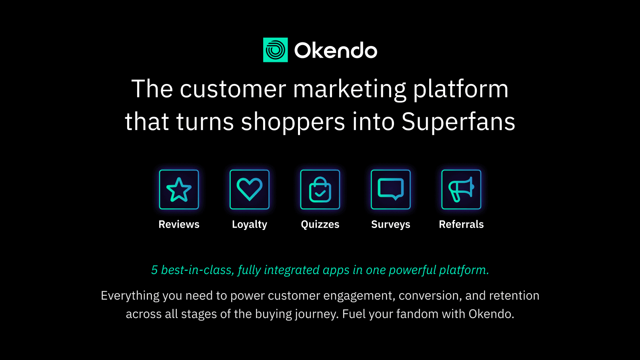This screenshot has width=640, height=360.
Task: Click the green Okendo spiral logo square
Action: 275,50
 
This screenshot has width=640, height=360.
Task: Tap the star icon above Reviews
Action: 179,190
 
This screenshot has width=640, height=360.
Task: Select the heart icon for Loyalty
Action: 250,190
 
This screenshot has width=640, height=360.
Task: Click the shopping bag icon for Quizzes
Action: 320,190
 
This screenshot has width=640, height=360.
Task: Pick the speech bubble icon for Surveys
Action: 391,190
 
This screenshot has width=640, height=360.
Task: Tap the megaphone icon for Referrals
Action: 461,190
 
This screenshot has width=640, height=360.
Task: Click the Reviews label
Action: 179,224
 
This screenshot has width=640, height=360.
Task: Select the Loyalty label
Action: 250,225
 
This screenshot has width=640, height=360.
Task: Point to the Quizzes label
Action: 320,224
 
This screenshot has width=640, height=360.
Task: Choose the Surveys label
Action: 391,225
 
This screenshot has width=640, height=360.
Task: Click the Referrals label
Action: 461,224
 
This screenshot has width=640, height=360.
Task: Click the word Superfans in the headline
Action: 458,122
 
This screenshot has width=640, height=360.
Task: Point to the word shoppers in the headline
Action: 293,122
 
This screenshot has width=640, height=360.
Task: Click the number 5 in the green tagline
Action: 154,270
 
